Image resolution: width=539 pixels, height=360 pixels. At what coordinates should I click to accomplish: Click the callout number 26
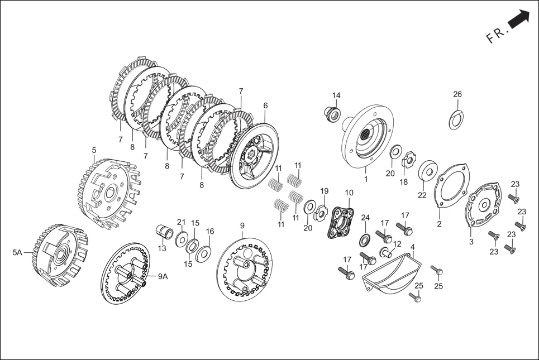[457, 94]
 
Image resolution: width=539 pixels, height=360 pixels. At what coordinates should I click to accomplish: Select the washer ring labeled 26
[456, 118]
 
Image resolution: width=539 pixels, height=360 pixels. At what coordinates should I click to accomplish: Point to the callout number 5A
[17, 252]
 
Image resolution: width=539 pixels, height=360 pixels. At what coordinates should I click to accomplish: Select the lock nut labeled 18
[408, 161]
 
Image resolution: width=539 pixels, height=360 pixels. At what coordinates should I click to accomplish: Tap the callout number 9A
[162, 276]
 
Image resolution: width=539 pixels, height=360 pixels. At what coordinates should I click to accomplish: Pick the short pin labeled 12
[385, 252]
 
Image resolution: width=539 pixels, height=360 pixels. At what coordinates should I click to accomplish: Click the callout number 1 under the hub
[366, 180]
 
